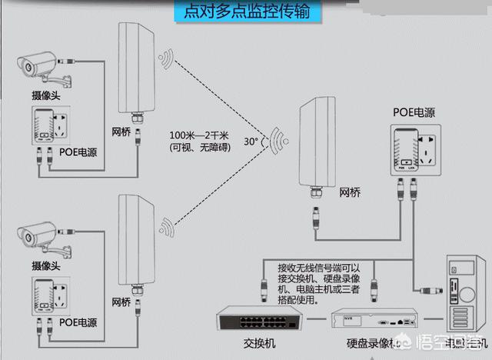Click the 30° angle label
pos(251,142)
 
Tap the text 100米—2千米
pos(201,135)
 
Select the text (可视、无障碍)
pos(201,148)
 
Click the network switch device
pos(246,320)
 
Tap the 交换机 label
pos(245,344)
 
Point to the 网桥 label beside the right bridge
pos(349,191)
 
